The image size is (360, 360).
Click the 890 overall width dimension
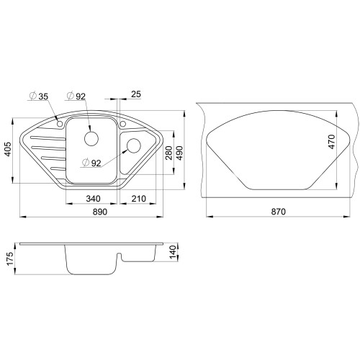click(99, 212)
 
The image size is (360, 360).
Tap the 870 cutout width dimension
click(279, 212)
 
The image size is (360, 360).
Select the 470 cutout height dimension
click(332, 142)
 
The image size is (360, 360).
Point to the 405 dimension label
click(8, 149)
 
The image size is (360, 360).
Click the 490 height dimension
click(179, 153)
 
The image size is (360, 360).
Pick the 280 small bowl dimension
click(168, 153)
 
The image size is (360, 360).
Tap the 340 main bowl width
click(93, 199)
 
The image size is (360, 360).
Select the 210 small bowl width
click(138, 199)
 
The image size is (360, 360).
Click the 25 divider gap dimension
click(136, 94)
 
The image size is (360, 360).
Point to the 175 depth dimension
click(10, 258)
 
